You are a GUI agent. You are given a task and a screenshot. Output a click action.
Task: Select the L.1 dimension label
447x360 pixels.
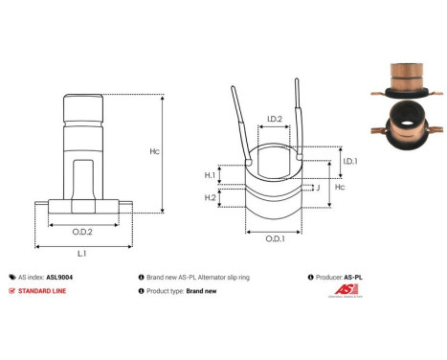click(x=81, y=253)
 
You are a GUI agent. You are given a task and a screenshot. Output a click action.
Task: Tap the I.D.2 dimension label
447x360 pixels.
click(x=273, y=120)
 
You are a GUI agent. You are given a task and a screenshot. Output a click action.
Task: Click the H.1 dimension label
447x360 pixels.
click(x=210, y=174)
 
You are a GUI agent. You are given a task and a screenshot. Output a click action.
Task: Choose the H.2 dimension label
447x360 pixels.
click(x=210, y=197)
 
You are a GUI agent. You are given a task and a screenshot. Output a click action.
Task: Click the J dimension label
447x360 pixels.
click(x=316, y=189)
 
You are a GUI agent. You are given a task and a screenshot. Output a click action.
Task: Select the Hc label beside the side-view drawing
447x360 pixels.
click(x=181, y=151)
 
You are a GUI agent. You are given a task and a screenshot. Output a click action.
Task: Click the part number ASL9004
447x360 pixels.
click(x=59, y=275)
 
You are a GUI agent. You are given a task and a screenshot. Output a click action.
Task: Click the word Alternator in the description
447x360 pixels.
click(x=223, y=275)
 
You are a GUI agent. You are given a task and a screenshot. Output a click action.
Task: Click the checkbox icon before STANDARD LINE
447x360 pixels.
click(x=11, y=289)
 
